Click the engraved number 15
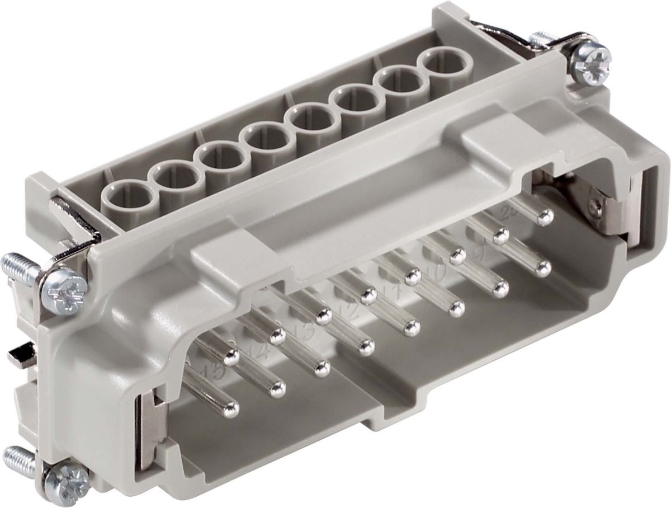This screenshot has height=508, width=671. [x=214, y=371]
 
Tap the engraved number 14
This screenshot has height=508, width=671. [x=258, y=352]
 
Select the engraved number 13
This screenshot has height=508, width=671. [x=305, y=333]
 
